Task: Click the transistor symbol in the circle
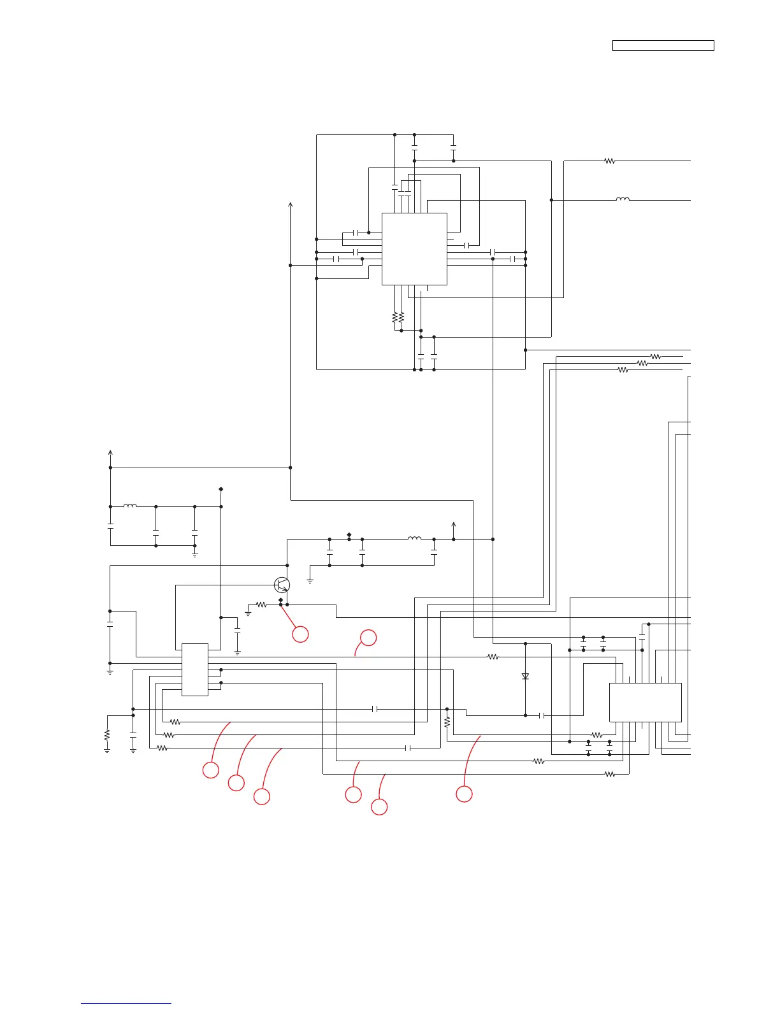[x=282, y=585]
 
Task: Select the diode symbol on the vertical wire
[x=525, y=676]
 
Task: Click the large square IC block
[x=414, y=249]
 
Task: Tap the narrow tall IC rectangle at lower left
[x=195, y=669]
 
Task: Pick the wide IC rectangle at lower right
[x=645, y=702]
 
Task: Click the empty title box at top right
[x=663, y=45]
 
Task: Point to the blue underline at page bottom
[x=126, y=1004]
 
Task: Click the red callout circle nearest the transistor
[x=300, y=634]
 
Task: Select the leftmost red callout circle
[x=210, y=770]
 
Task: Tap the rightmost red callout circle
[x=464, y=794]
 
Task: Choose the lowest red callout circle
[x=379, y=807]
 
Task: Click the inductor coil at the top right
[x=623, y=200]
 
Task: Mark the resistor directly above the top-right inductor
[x=609, y=161]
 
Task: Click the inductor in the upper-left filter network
[x=130, y=506]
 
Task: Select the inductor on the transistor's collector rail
[x=414, y=539]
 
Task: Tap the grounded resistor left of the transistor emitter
[x=261, y=604]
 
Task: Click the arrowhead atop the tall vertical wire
[x=291, y=204]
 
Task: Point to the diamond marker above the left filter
[x=221, y=489]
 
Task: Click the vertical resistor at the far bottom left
[x=107, y=734]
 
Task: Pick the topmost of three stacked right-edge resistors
[x=655, y=357]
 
